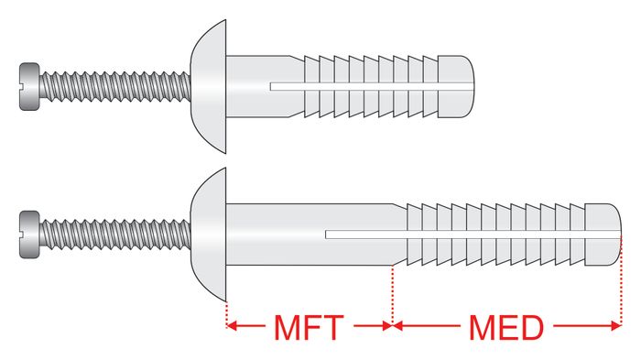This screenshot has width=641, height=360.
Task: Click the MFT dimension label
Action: click(309, 327)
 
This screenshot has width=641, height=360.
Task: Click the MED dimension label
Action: click(506, 327)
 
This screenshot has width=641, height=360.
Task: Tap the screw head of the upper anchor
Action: click(29, 87)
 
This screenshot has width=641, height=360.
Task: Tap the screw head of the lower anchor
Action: click(29, 235)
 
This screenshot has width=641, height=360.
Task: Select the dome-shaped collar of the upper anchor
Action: click(209, 87)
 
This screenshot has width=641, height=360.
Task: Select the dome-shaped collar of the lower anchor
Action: click(209, 235)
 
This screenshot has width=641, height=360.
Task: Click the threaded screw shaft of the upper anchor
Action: click(115, 87)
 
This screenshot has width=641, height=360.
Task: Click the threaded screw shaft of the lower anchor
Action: click(115, 235)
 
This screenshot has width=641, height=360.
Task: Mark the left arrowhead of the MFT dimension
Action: click(232, 325)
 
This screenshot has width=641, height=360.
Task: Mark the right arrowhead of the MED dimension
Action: click(616, 325)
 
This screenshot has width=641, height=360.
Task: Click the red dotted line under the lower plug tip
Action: click(621, 280)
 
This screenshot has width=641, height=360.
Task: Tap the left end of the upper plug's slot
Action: click(271, 86)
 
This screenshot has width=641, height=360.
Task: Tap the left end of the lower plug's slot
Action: click(326, 235)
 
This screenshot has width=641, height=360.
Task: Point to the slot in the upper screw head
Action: click(29, 86)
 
